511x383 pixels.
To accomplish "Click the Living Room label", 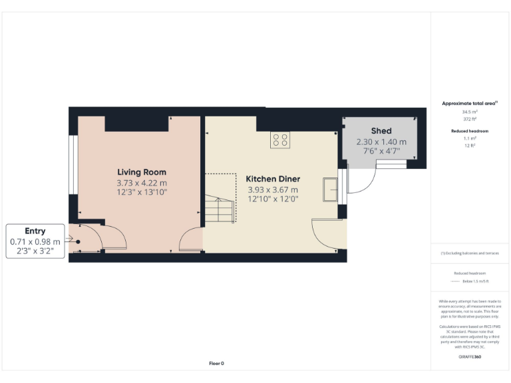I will (142, 172).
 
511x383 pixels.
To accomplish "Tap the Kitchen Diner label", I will (273, 179).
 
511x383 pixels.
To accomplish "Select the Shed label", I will (381, 131).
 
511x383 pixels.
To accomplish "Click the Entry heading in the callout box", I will (35, 231).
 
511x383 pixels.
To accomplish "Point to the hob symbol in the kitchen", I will (280, 140).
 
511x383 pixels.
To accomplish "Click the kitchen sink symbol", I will (330, 189).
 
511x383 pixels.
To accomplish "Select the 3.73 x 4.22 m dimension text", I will (142, 183).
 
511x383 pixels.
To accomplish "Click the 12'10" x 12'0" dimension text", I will (273, 199).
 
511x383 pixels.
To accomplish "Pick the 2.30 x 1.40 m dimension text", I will (381, 142).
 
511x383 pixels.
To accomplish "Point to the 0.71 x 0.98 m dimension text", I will (35, 241).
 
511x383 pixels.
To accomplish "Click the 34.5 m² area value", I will (470, 112).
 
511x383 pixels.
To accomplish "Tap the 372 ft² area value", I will (470, 118).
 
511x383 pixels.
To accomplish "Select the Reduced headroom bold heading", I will (470, 131).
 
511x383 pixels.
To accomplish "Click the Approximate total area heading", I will (469, 103).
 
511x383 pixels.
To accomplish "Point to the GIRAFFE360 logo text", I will (470, 357).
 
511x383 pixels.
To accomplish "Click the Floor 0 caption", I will (216, 363).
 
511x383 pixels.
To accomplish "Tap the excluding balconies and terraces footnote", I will (470, 253).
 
